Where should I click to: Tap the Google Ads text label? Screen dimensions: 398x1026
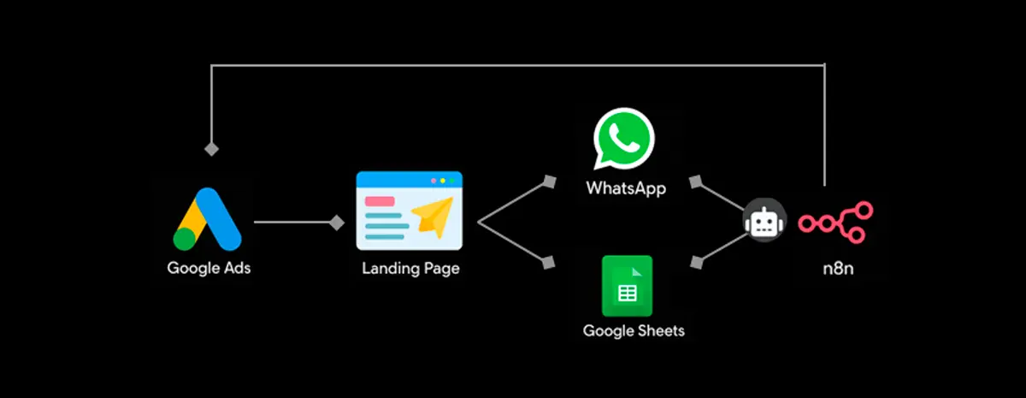(209, 268)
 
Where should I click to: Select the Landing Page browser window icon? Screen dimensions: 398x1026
(410, 211)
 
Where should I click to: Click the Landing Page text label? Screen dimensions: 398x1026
(410, 269)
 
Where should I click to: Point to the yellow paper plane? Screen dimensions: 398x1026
(433, 217)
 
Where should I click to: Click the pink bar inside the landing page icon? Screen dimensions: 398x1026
(380, 202)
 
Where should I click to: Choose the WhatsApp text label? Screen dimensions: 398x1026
(626, 187)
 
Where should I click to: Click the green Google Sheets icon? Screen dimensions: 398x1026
(627, 287)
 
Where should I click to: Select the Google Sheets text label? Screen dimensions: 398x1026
(634, 330)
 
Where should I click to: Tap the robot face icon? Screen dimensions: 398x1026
(763, 222)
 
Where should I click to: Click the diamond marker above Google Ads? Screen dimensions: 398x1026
(211, 149)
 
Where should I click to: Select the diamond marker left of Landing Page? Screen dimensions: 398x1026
(337, 223)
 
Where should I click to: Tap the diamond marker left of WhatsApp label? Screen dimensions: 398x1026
(549, 181)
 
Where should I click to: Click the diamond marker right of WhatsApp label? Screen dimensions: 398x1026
(696, 181)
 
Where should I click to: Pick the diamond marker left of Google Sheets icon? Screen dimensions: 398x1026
(549, 263)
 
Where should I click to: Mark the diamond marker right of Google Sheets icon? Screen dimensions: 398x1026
(696, 263)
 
